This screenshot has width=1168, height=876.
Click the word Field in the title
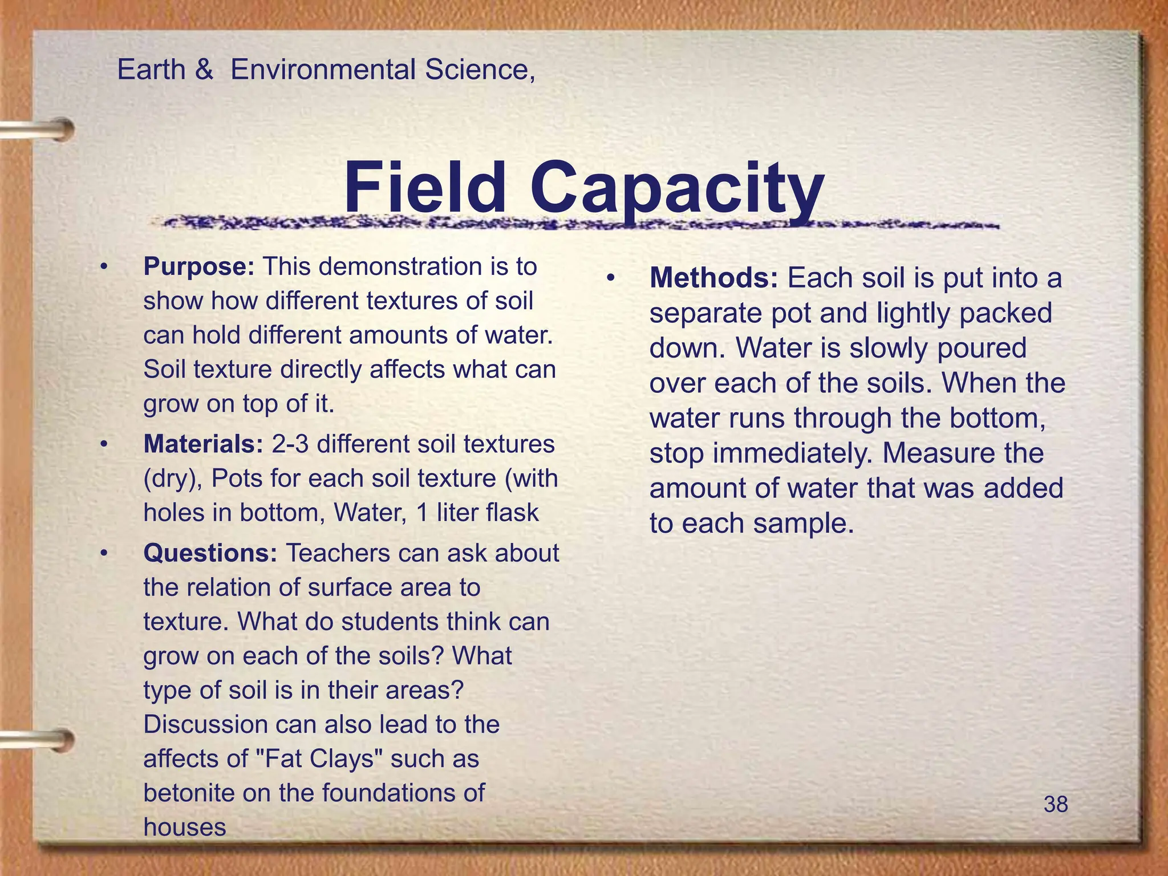point(425,188)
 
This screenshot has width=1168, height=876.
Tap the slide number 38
point(1056,805)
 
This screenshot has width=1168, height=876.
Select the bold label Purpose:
point(198,267)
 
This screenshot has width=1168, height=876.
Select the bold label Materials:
point(203,444)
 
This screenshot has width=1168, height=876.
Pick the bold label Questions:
point(210,553)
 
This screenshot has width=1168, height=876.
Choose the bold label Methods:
point(713,279)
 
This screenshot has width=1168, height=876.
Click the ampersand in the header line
point(204,71)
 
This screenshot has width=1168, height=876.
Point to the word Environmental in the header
point(323,70)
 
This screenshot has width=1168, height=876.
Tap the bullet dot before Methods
point(610,279)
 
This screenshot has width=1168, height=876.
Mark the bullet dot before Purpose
point(103,267)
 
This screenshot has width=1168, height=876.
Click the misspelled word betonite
point(186,793)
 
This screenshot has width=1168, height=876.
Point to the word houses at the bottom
point(185,827)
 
